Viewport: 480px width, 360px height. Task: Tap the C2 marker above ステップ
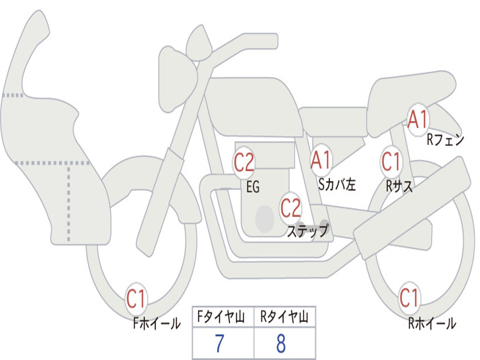(291, 208)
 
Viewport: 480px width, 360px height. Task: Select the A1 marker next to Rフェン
(417, 120)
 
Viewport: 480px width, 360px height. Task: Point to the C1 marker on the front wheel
(136, 299)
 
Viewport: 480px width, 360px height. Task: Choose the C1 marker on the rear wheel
(409, 298)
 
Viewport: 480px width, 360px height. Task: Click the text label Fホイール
(157, 323)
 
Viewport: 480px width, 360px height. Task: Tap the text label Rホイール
(432, 323)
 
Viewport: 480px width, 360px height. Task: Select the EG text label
(253, 187)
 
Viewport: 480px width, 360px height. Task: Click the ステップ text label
(307, 231)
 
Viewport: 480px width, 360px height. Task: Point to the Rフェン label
(445, 139)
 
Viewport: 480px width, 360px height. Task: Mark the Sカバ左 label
(337, 185)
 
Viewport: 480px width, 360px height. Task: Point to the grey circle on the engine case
(264, 218)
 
